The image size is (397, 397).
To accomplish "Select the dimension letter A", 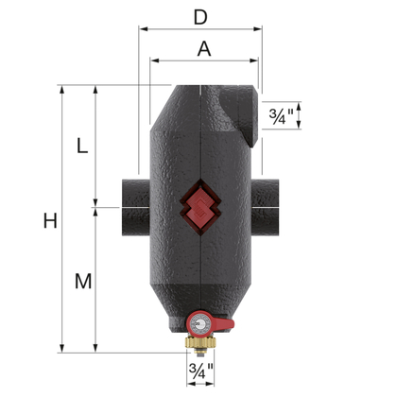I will point(203,49).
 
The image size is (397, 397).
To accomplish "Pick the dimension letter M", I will point(83,281).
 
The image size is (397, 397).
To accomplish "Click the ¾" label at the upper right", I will point(281,117).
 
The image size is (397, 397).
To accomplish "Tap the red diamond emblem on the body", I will point(199,201).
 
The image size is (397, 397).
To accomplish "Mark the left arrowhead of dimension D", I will point(143,28).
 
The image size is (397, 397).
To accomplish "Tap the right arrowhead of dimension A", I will point(256,62).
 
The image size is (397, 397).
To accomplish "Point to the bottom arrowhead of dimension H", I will point(63,348).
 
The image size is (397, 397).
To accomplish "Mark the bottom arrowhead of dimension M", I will point(95,348).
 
